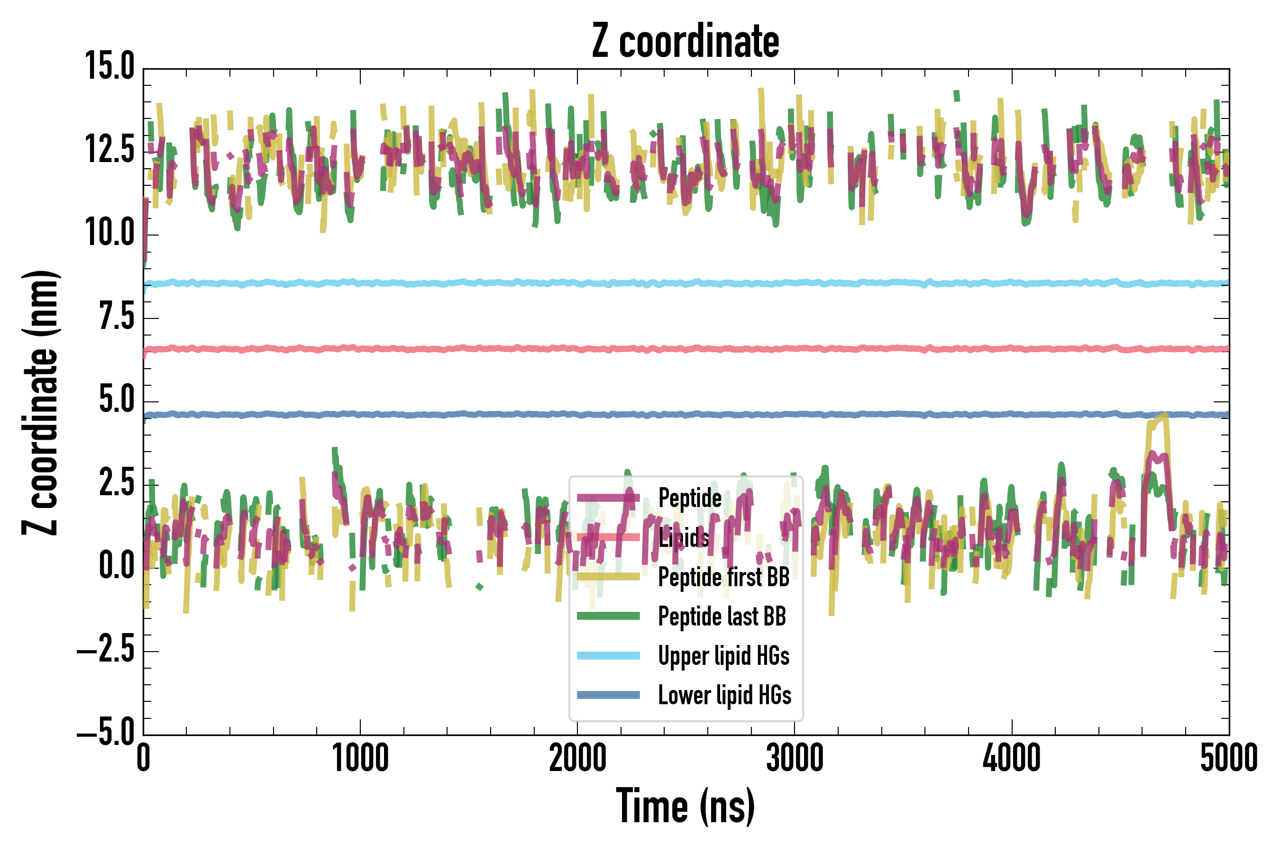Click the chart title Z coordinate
(685, 41)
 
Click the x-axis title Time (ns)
(685, 806)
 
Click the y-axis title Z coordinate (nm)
(40, 402)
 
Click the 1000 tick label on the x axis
(360, 758)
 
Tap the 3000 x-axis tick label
(795, 758)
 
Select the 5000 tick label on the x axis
(1229, 758)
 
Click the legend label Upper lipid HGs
(723, 655)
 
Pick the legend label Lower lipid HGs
(724, 695)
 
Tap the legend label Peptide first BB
(723, 577)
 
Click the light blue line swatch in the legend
(608, 655)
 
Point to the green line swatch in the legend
(608, 616)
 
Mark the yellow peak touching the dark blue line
(1163, 416)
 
